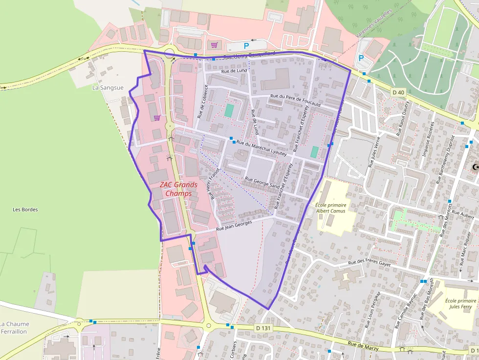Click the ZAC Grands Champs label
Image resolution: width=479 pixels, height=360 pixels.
[x=178, y=189]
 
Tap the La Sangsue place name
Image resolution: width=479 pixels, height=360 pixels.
[x=108, y=87]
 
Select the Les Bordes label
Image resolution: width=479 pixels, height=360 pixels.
[x=25, y=210]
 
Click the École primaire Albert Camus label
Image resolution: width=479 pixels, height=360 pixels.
[x=330, y=208]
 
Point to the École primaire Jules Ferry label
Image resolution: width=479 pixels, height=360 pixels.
[x=461, y=303]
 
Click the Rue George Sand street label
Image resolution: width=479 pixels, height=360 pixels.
[x=262, y=183]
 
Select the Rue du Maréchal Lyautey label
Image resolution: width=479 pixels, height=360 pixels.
[x=261, y=148]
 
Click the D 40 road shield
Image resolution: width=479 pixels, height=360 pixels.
[x=398, y=92]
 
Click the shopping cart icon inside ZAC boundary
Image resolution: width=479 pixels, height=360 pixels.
[x=157, y=117]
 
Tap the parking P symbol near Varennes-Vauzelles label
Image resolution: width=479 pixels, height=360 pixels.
[x=361, y=58]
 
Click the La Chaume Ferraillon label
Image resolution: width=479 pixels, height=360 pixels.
[x=14, y=327]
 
